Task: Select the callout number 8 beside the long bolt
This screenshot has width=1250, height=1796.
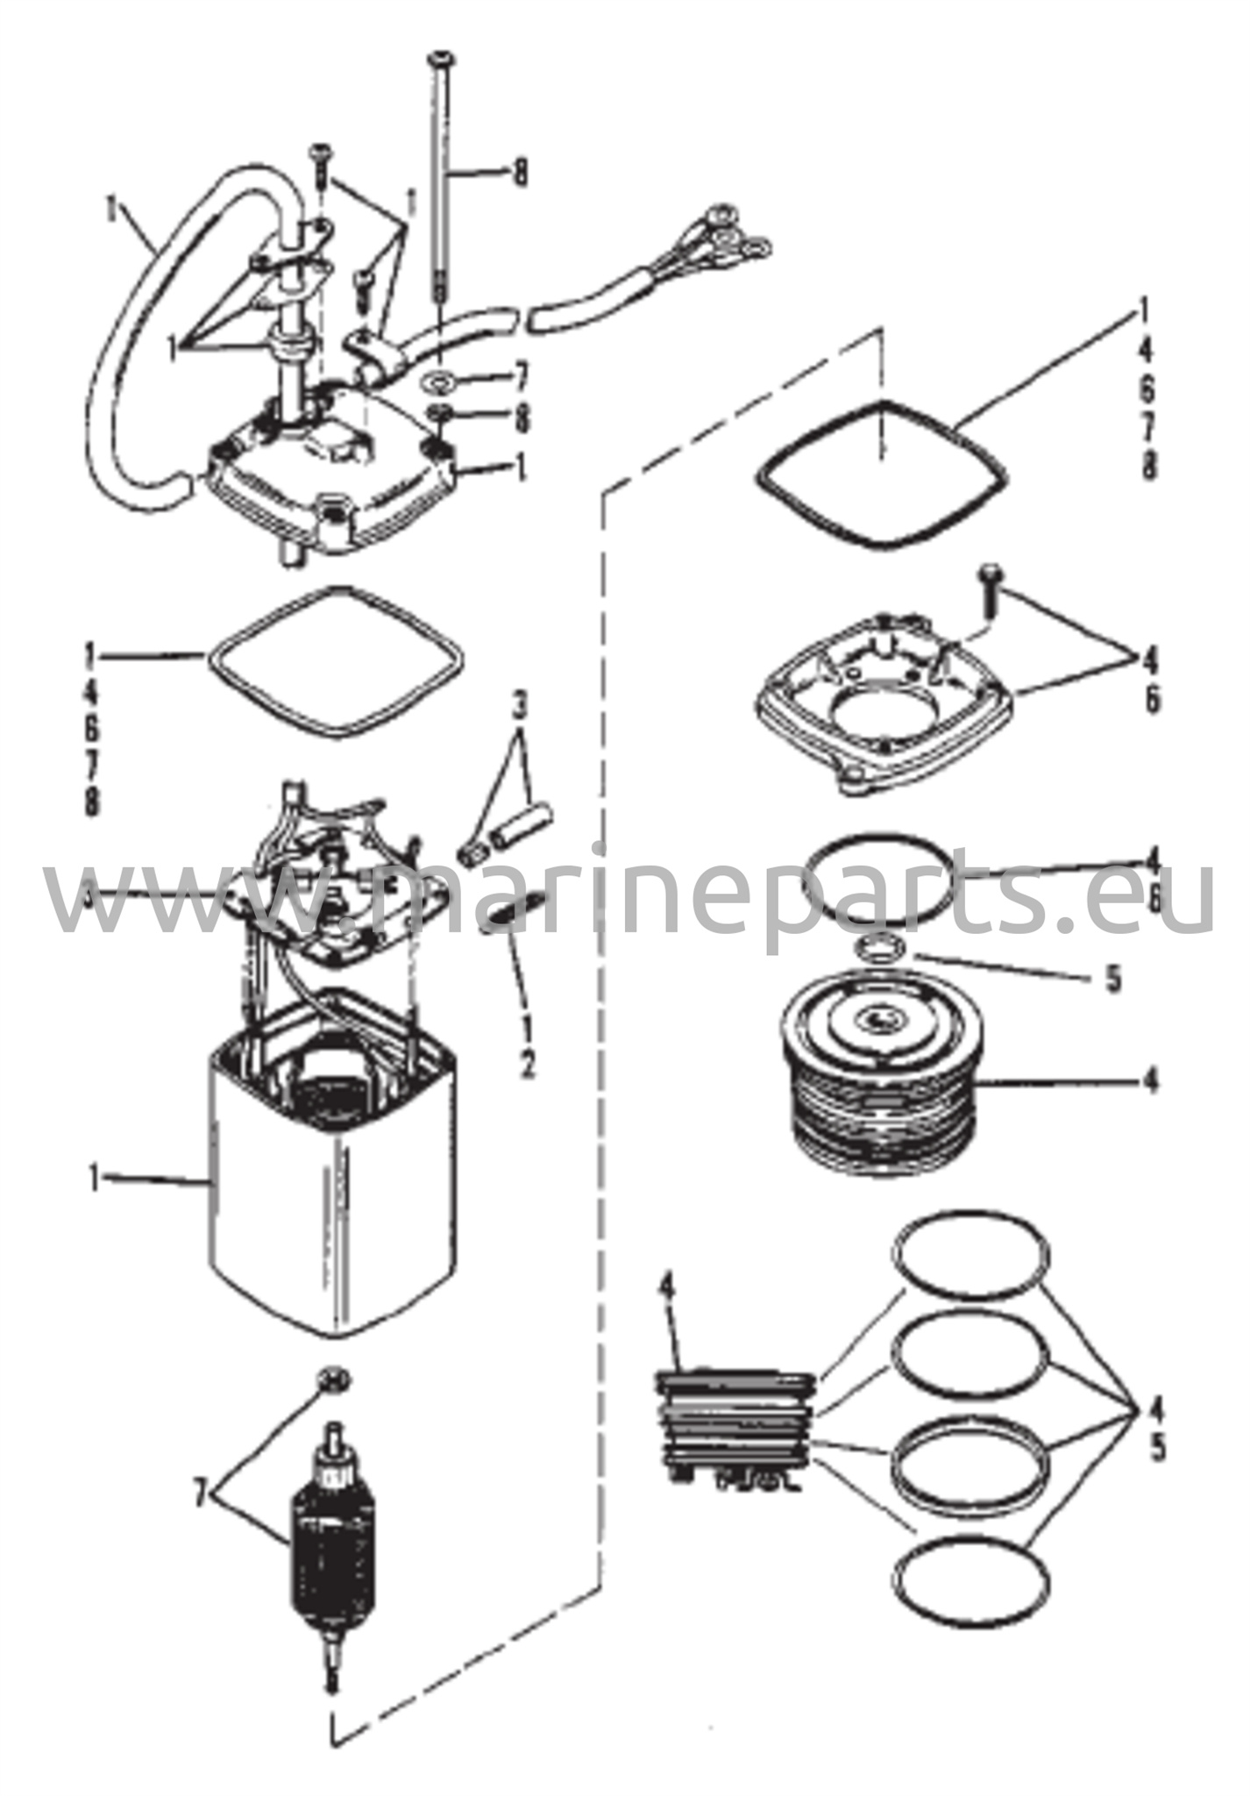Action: [x=521, y=172]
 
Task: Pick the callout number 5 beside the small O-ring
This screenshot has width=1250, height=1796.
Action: [x=1113, y=979]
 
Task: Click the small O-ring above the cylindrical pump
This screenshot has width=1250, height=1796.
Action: [x=880, y=946]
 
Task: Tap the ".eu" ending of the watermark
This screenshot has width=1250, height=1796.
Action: [x=1148, y=899]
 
